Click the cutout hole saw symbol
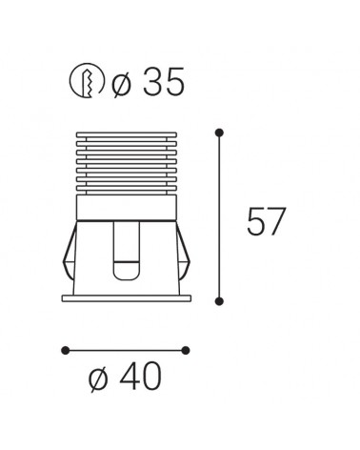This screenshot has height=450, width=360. [87, 80]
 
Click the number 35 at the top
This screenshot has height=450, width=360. [164, 82]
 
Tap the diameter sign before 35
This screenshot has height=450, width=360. [121, 84]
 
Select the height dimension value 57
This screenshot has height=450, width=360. [267, 221]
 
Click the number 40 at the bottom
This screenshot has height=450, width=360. [140, 377]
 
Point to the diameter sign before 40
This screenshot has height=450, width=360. [97, 378]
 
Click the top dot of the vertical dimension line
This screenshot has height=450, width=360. [219, 133]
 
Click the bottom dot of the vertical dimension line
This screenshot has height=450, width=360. [219, 301]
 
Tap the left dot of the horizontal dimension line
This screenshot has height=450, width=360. [65, 350]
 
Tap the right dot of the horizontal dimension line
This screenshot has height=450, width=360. [186, 350]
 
